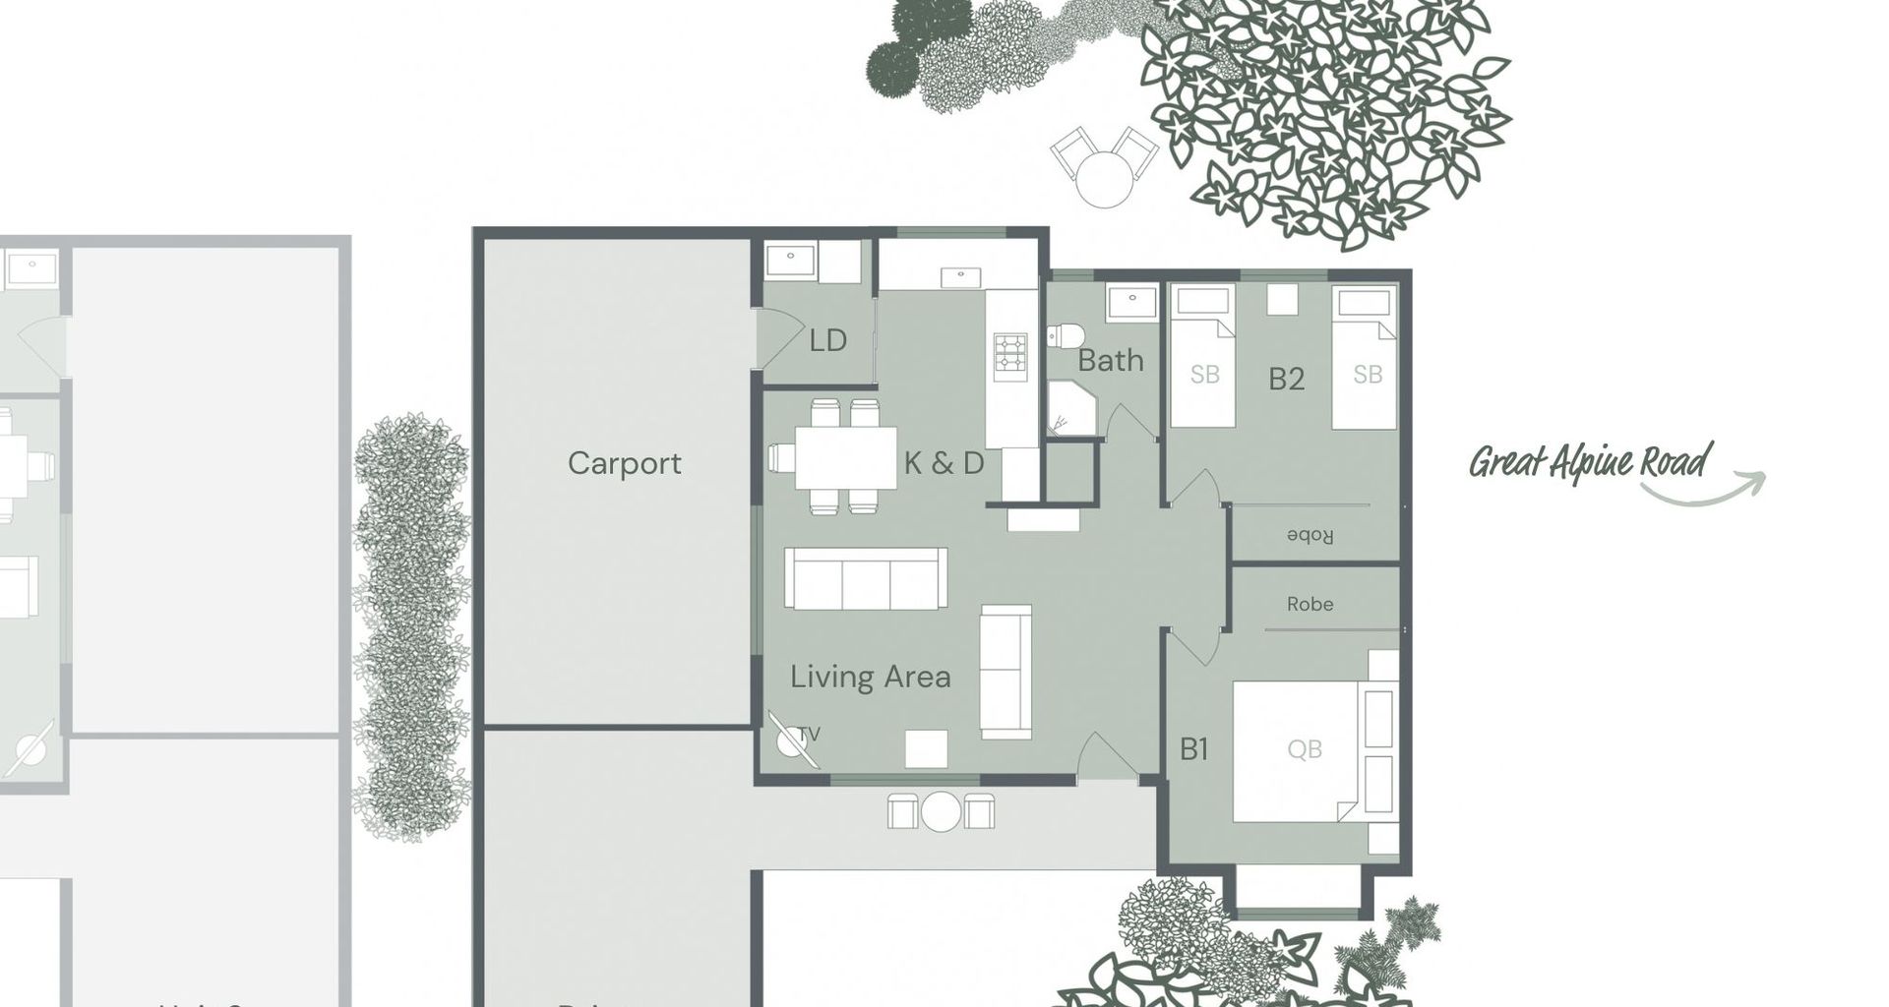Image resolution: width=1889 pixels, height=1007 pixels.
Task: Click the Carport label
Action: [624, 463]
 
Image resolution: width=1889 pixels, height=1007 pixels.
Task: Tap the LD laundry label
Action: [827, 341]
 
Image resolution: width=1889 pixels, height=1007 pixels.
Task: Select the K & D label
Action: [944, 463]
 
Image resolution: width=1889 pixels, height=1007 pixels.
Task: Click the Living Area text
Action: [870, 677]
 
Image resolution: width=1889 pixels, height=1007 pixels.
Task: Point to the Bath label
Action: [1110, 361]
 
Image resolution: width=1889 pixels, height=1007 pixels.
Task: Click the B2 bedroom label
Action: [1285, 379]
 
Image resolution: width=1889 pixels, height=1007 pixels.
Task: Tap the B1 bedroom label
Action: [1193, 749]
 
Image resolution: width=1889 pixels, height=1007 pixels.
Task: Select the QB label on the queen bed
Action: [1304, 749]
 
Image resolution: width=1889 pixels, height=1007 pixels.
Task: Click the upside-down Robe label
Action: [1310, 536]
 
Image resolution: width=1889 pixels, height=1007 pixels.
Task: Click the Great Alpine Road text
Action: [1589, 461]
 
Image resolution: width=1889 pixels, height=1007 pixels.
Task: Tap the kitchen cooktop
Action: [1009, 357]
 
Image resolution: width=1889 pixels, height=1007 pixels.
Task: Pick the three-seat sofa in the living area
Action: [865, 579]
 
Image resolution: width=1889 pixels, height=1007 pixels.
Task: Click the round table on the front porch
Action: [941, 811]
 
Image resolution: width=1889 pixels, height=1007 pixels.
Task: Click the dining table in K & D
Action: [845, 457]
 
